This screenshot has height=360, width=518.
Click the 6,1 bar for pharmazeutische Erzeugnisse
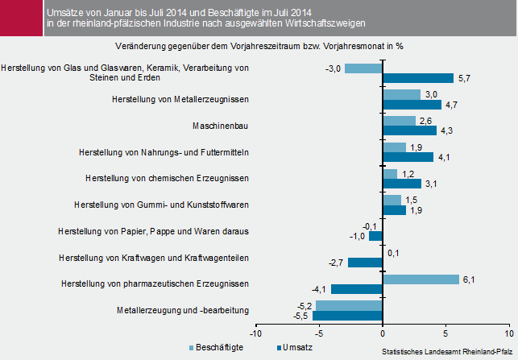[x=421, y=279]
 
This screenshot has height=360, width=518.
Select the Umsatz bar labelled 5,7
[x=418, y=78]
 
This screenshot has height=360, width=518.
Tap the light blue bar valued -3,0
[x=363, y=68]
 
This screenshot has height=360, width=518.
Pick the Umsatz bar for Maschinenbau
[x=409, y=130]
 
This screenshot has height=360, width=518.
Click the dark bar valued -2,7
[x=365, y=263]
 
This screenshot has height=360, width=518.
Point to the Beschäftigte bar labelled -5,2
[x=349, y=305]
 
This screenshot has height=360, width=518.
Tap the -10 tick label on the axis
[x=255, y=333]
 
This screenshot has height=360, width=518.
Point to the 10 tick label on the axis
[x=508, y=333]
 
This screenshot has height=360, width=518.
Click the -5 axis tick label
[x=319, y=333]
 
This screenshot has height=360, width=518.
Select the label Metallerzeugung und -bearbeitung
[x=182, y=310]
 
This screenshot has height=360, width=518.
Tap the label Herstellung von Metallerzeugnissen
[x=180, y=99]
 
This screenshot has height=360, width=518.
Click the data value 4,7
[x=451, y=105]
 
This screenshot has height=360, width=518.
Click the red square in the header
[x=20, y=18]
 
